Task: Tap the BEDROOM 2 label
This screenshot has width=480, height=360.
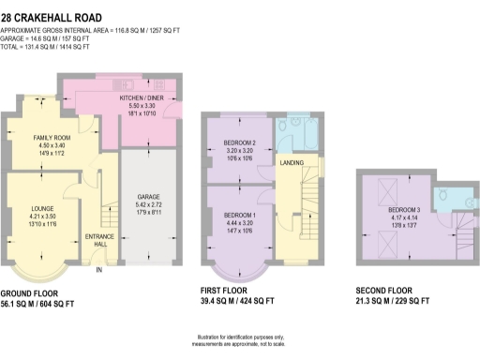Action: point(239,142)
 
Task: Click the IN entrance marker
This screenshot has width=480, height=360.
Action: point(98,270)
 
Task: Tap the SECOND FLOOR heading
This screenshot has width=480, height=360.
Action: point(387,292)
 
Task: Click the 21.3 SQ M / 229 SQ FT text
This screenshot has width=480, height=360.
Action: point(393,302)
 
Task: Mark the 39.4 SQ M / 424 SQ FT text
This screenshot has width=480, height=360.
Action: point(238,302)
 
